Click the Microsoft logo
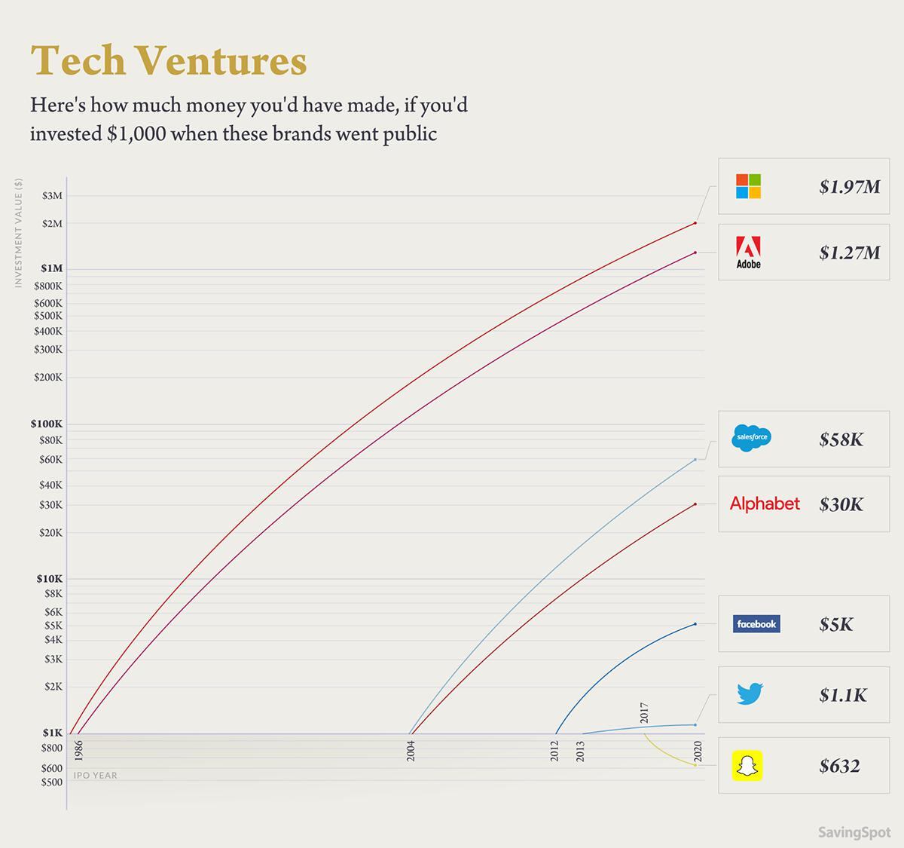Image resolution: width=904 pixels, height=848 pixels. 748,186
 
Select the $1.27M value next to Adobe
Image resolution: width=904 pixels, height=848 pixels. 849,253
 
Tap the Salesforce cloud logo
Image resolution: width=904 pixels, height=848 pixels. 751,437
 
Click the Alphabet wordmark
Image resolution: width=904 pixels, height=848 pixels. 765,504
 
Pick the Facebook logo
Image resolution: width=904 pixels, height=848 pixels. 756,624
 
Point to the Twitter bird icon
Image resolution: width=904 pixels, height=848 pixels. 750,693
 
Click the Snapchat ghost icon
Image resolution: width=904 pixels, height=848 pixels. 747,766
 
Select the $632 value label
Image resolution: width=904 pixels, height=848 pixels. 839,767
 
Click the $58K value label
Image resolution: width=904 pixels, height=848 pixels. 841,439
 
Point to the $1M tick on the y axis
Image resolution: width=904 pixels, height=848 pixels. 51,269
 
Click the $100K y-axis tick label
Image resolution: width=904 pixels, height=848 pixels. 47,424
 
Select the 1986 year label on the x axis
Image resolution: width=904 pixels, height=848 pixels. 79,751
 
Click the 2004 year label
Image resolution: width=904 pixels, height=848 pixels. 411,751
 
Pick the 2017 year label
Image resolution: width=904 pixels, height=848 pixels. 645,712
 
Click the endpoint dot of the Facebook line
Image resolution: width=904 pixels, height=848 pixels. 695,624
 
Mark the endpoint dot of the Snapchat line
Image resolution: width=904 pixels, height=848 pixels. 695,765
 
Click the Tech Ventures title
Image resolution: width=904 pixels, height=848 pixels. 169,60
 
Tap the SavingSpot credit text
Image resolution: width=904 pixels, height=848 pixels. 854,832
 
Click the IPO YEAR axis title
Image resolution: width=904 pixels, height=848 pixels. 95,776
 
